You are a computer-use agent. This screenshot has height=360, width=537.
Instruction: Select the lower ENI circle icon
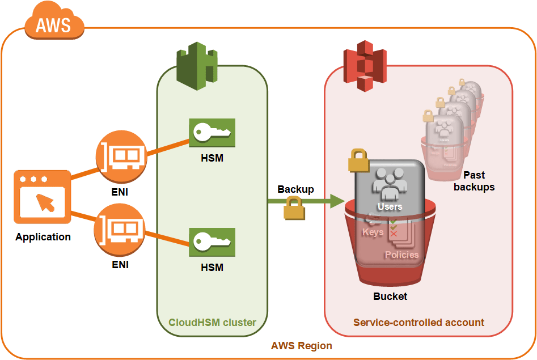point(121,229)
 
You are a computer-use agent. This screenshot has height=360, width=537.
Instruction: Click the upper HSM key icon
point(212,133)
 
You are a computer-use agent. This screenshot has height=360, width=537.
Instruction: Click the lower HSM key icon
point(212,242)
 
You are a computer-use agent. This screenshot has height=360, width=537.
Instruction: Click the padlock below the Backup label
point(294,208)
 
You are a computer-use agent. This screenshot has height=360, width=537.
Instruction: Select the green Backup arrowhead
point(337,200)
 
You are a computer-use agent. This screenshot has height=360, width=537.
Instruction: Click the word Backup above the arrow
point(295,189)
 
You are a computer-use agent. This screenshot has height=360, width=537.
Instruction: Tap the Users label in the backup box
point(390,206)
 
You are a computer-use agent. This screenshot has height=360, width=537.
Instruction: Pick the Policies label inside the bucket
point(401,255)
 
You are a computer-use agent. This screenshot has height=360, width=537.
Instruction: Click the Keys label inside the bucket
point(373,232)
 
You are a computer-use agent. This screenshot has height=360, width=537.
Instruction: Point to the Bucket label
point(390,296)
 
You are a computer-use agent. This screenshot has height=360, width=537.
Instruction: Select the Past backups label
point(474,181)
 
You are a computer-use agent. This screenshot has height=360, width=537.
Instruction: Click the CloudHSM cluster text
point(212,323)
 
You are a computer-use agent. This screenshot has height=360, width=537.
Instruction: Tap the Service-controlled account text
point(418,323)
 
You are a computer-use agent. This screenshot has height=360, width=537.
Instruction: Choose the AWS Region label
point(301,345)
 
